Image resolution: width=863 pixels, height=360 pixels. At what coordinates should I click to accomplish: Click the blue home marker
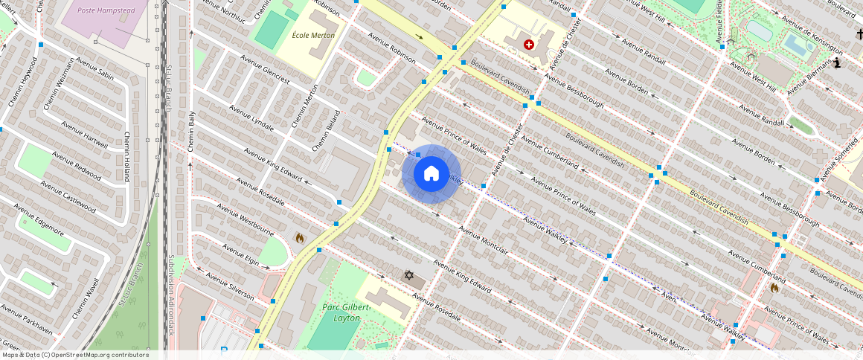click(x=431, y=174)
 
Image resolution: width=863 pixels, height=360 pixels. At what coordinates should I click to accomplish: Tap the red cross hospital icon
click(x=529, y=45)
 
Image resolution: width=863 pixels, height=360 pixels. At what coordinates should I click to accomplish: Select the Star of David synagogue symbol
click(x=408, y=275)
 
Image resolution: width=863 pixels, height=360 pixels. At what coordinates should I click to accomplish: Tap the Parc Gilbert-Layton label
click(x=341, y=312)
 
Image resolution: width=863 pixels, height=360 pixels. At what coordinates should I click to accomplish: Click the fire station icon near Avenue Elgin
click(x=300, y=238)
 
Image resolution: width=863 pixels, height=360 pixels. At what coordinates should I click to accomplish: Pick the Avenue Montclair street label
click(x=484, y=240)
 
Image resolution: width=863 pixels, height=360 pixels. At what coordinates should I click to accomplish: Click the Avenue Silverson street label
click(x=230, y=287)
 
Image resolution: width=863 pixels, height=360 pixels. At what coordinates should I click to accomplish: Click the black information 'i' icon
click(x=837, y=63)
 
